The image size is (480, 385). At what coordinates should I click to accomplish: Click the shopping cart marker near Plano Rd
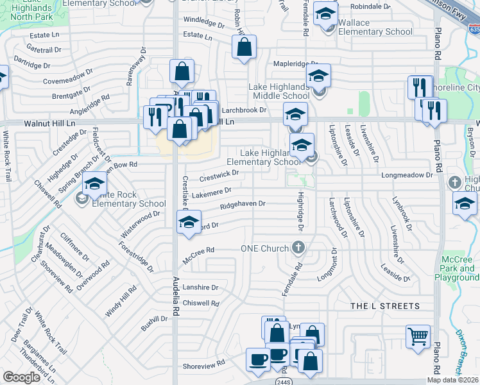click(418, 336)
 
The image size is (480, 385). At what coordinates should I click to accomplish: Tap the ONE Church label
click(266, 248)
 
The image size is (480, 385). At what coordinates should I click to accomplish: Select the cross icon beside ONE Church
click(298, 247)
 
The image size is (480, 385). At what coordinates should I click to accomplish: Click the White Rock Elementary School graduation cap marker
click(94, 187)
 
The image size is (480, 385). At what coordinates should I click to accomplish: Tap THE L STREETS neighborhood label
click(385, 306)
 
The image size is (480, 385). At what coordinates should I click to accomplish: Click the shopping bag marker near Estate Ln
click(244, 47)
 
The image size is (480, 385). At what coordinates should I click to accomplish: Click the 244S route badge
click(284, 381)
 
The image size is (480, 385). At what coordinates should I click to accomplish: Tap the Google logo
click(21, 377)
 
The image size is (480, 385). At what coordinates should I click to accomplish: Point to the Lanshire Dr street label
click(200, 288)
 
